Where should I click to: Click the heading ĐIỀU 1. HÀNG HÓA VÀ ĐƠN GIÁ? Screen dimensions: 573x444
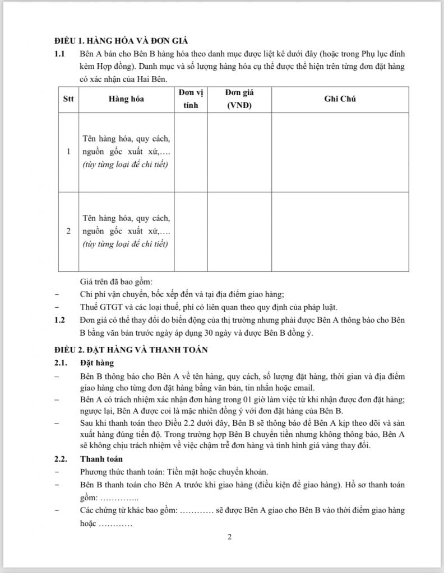121,41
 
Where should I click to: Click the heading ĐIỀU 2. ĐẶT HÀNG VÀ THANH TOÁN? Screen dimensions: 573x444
131,350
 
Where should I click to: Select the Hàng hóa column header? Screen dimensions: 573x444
126,99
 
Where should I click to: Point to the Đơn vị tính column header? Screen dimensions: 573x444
191,99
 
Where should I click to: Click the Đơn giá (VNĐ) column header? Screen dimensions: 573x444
239,99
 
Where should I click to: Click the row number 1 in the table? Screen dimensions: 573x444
68,152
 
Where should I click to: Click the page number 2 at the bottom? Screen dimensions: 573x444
229,537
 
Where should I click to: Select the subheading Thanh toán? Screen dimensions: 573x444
100,459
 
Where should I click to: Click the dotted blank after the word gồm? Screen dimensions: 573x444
119,497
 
